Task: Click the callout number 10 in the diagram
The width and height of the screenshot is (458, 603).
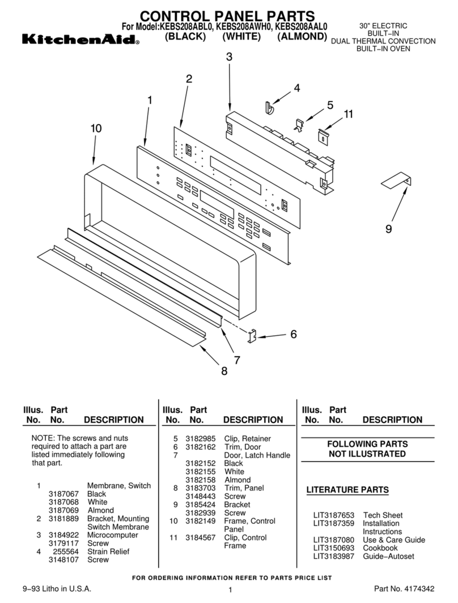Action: (96, 129)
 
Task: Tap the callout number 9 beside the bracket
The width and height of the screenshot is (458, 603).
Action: (388, 229)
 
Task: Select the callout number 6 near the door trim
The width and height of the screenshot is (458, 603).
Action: (293, 334)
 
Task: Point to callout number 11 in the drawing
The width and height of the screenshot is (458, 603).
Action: (347, 114)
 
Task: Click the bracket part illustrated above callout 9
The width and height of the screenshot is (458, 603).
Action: (396, 181)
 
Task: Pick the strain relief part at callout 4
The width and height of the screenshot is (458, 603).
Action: (271, 106)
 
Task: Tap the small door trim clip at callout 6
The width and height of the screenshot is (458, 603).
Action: (253, 336)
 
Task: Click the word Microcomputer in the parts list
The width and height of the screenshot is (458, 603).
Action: (112, 535)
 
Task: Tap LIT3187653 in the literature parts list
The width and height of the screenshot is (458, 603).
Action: (334, 515)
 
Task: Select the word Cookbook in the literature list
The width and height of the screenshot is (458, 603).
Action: (380, 548)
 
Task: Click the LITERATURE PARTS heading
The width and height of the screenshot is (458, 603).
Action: (347, 490)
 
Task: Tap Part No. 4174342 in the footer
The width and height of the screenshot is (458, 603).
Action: (404, 589)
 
